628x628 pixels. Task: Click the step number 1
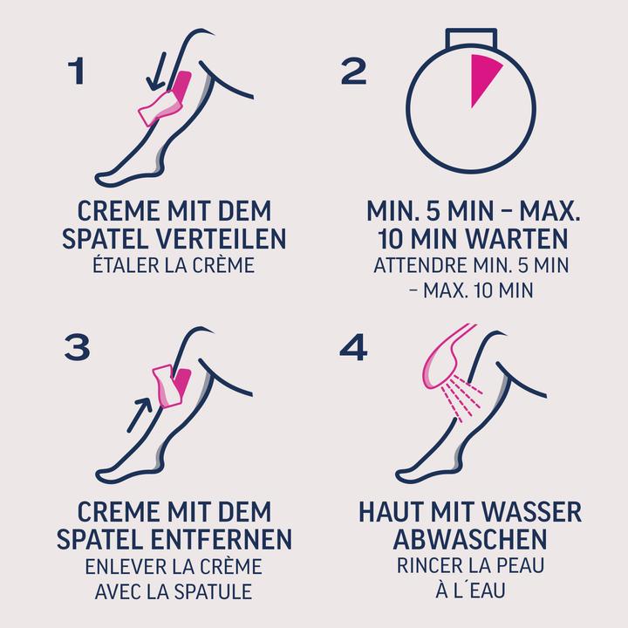(x=77, y=72)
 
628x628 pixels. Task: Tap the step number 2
(x=353, y=72)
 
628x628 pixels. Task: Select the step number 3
(x=77, y=347)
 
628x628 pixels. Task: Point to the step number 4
(x=353, y=347)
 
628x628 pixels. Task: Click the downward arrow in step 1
(x=157, y=71)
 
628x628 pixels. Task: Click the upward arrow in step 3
(x=140, y=415)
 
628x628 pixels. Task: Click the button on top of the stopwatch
(x=471, y=38)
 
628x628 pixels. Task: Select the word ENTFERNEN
(x=222, y=539)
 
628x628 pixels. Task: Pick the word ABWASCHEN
(x=470, y=539)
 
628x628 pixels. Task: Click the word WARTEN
(x=517, y=239)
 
